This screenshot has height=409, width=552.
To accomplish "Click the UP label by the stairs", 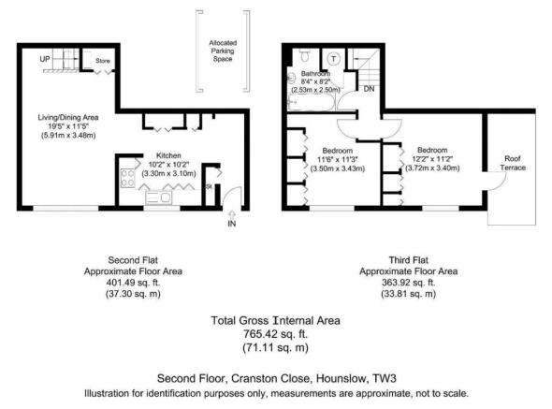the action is pos(45,59).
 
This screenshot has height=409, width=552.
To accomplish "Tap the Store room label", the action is pos(102,61).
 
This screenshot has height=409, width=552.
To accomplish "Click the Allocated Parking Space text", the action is pos(223,51).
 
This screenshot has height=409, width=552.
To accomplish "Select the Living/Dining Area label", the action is pos(68,117).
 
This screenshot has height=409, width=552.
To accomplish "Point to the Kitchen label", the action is pos(168,155).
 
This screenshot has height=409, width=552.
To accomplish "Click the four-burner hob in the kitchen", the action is pos(127,178).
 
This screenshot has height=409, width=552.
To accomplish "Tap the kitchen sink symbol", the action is pos(159,197).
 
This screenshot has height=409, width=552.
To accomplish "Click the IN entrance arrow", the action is pos(232,215).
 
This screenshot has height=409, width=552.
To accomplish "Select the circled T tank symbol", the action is pos(333,59).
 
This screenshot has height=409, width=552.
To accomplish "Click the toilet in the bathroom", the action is pos(305,55).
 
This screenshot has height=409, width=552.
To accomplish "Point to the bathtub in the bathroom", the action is pos(310,103).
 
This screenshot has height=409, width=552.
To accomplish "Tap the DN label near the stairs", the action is pos(369,89).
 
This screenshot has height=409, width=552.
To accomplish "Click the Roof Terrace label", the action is pos(513,163).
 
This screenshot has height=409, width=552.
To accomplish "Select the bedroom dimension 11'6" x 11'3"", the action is pos(337,159).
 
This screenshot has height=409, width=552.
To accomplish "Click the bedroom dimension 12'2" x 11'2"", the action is pos(432,159).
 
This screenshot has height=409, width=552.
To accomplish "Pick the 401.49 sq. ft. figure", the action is pos(133,283).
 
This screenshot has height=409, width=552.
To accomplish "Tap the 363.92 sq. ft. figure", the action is pos(408,283).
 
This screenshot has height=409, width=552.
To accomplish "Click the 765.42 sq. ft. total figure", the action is pos(275,333).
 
